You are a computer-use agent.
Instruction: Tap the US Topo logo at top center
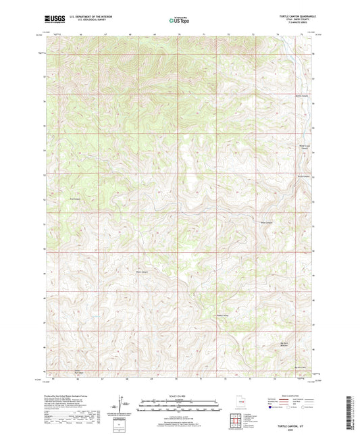pyautogui.click(x=179, y=21)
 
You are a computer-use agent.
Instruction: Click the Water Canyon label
pyautogui.click(x=142, y=273)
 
